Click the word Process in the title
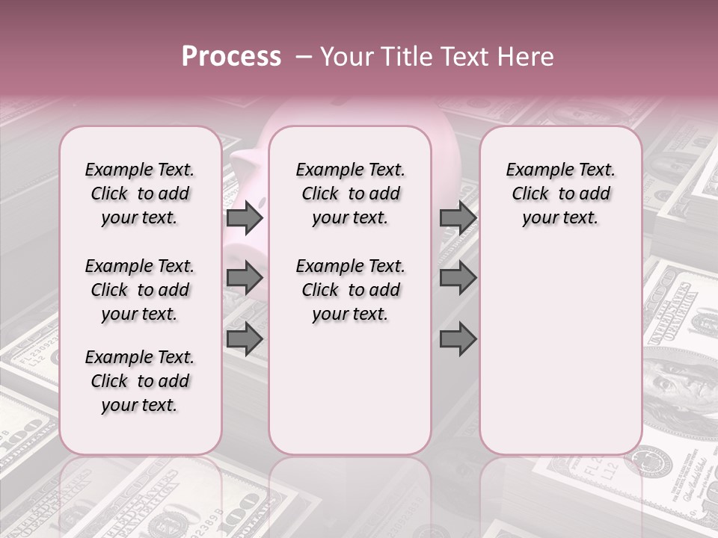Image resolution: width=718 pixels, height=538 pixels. (x=231, y=57)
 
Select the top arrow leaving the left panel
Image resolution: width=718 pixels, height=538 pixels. (x=245, y=218)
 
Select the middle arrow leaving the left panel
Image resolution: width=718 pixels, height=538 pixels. (x=245, y=278)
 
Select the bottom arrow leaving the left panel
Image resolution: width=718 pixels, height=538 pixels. (x=245, y=339)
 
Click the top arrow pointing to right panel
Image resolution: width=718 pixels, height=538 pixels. (x=458, y=218)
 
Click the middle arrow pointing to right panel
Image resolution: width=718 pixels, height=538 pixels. (x=458, y=278)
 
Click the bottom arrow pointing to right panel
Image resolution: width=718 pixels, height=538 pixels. (x=458, y=339)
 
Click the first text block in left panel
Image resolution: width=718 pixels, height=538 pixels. (x=140, y=194)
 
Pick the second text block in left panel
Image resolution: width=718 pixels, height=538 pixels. (x=140, y=290)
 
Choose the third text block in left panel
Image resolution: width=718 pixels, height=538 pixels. (x=140, y=381)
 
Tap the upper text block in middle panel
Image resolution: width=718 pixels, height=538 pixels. (x=350, y=194)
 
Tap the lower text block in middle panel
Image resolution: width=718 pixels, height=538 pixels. (x=350, y=290)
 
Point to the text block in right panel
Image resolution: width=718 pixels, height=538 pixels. (x=560, y=194)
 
